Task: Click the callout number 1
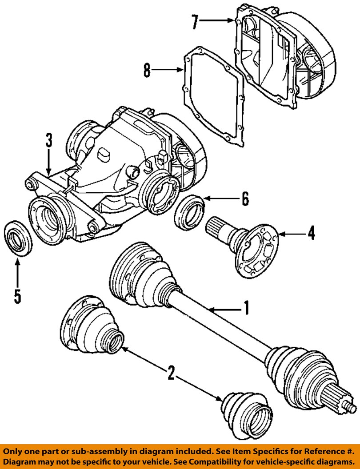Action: coord(246,308)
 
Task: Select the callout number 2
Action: coord(171,373)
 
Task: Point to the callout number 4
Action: coord(312,233)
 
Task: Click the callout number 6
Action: coord(245,199)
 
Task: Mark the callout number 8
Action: coord(147,70)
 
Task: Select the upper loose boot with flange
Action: coord(91,325)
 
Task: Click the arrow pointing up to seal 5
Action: coord(17,273)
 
